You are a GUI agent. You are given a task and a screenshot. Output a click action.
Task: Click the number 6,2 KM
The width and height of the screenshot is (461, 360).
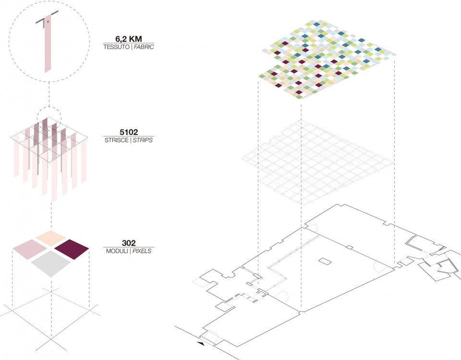129,39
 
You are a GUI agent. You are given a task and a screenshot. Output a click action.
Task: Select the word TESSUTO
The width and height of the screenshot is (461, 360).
116,47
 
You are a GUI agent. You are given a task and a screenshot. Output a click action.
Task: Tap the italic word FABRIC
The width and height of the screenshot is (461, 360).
144,47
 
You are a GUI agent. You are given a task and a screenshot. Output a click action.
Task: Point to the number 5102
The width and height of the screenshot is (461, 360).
129,132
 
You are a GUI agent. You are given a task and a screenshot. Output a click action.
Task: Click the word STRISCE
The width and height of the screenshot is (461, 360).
116,140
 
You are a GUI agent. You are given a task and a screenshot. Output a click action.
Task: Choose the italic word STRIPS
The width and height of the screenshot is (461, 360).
143,140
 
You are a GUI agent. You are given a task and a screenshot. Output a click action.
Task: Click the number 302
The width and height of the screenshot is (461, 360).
129,243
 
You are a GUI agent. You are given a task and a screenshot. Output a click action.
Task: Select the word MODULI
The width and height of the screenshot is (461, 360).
117,251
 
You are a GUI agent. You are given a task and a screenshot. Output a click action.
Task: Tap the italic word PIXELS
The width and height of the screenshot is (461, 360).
142,251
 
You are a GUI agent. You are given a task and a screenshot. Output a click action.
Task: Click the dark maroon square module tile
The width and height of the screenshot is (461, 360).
72,249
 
